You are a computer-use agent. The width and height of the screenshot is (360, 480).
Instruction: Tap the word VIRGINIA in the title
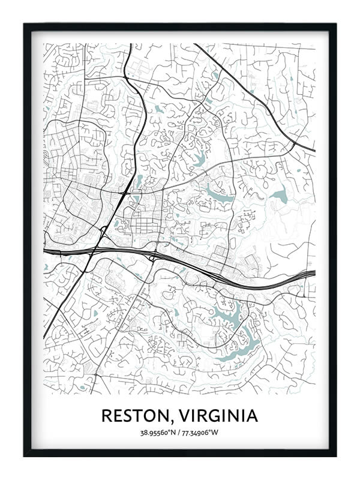[x=220, y=415]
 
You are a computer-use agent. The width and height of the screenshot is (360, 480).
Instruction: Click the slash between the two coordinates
[x=181, y=432]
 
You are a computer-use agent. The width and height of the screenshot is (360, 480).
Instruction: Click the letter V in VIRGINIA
[x=186, y=415]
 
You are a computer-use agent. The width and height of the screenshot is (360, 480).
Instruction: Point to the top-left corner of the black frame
[x=25, y=25]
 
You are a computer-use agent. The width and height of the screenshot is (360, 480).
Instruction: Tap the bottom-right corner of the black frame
[x=335, y=455]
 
